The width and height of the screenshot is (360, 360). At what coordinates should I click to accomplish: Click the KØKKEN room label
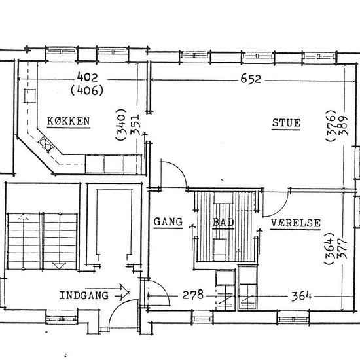click(x=69, y=121)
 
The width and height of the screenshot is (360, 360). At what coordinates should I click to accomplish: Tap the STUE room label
click(x=286, y=123)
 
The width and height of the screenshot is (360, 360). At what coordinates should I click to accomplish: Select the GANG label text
click(x=168, y=222)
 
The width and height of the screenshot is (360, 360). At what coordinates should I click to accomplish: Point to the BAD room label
click(x=223, y=222)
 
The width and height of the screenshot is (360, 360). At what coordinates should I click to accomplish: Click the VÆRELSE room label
click(x=295, y=223)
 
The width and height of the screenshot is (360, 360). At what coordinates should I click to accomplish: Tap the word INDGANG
click(x=84, y=295)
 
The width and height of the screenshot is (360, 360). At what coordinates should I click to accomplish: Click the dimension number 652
click(x=251, y=79)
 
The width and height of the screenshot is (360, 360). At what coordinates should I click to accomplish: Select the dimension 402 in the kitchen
click(x=87, y=77)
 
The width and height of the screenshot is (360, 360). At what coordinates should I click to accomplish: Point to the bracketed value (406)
click(x=87, y=90)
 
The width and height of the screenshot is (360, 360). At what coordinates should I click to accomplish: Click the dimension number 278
click(x=193, y=295)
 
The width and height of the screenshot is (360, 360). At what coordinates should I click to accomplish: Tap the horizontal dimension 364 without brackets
click(x=302, y=296)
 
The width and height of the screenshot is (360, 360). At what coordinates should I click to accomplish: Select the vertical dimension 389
click(x=344, y=126)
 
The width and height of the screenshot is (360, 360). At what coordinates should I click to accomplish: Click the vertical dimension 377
click(x=342, y=249)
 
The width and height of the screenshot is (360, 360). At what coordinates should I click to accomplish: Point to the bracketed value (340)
click(x=121, y=124)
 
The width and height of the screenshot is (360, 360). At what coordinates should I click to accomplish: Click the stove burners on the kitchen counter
click(x=46, y=144)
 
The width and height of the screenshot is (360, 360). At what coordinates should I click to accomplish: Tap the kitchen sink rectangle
click(x=30, y=96)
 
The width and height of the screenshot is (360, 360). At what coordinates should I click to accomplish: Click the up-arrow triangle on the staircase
click(x=23, y=217)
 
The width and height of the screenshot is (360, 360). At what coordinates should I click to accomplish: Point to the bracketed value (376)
click(x=331, y=126)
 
